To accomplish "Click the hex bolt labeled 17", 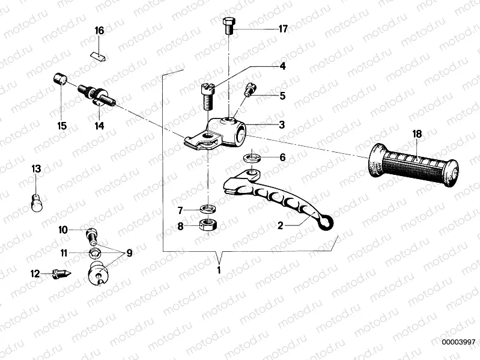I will [x=229, y=27].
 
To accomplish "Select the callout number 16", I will [x=99, y=31].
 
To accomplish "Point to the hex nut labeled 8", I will [x=208, y=226].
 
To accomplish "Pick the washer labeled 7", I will [x=208, y=209].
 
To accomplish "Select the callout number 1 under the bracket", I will [x=219, y=270].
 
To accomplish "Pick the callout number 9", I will [x=129, y=253].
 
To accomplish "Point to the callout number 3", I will [x=282, y=124].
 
